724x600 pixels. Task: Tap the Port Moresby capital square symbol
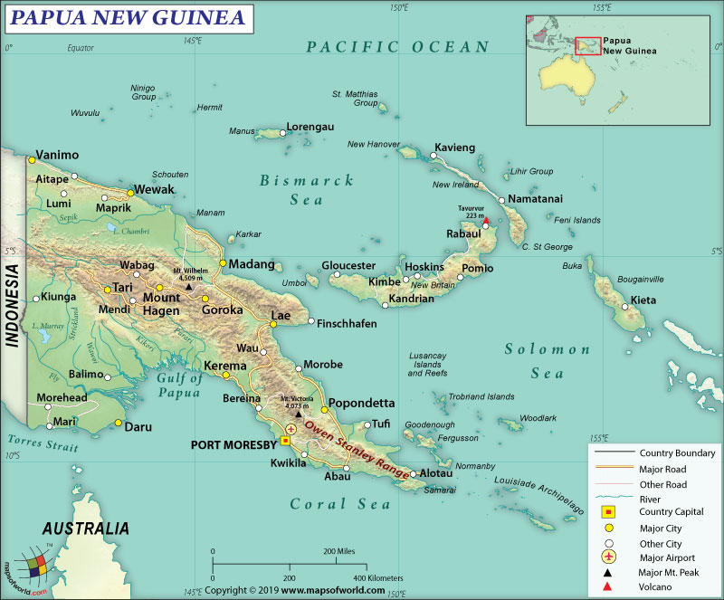285,441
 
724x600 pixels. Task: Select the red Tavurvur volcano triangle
486,222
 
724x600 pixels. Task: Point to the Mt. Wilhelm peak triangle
188,287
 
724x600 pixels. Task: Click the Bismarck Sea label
307,190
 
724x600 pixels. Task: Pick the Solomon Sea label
547,359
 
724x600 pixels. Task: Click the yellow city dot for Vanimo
32,159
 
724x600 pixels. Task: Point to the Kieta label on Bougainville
643,300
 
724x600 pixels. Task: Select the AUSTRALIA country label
85,529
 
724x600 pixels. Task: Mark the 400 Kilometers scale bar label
377,576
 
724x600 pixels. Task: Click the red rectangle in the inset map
588,45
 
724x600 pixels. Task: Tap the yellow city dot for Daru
118,423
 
